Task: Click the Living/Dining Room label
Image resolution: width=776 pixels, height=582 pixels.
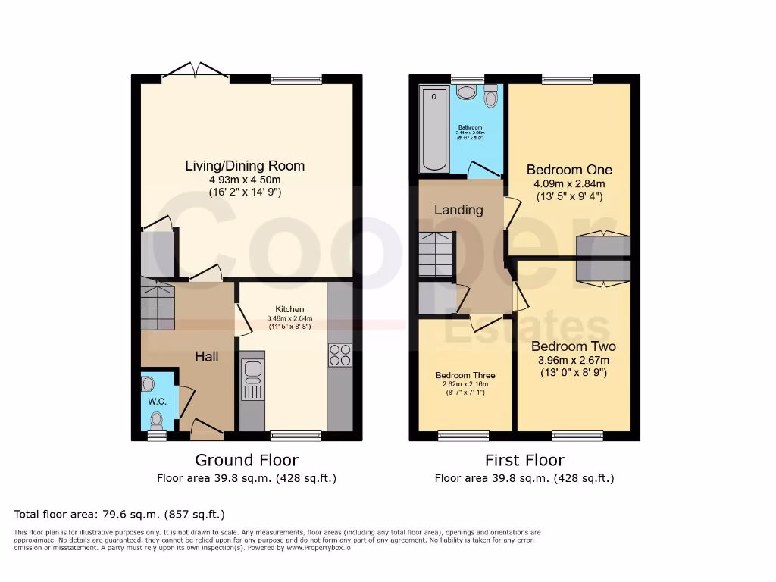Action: coord(246,166)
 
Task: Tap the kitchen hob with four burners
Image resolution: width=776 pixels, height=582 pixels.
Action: coord(339,355)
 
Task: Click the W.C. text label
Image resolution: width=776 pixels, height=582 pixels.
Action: coord(157,401)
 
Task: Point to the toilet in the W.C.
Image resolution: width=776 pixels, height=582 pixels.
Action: coord(157,418)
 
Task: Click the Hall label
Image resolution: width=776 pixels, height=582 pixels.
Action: coord(207,356)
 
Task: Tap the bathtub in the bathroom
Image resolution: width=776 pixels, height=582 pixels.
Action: coord(435,129)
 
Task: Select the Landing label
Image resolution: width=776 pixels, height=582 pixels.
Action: coord(458,210)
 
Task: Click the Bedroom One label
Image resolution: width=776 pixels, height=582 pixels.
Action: coord(569,170)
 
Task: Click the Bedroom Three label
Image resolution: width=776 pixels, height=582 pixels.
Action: coord(465,375)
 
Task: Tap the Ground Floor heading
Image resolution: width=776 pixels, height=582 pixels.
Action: coord(246,460)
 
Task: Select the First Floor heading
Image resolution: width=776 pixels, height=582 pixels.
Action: coord(524,460)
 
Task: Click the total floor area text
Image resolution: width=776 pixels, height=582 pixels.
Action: coord(120,514)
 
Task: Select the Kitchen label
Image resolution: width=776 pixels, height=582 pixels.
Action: coord(289,309)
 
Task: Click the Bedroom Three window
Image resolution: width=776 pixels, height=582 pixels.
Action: coord(464,436)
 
